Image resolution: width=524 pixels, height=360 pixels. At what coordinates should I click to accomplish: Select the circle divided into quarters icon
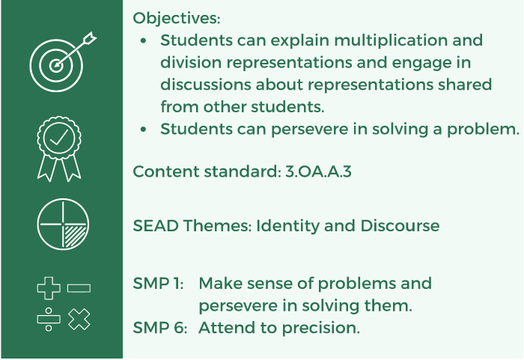tap(62, 224)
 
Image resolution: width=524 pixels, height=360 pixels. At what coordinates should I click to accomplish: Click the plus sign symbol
tap(48, 288)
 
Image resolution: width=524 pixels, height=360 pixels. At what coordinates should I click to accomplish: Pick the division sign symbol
tap(48, 320)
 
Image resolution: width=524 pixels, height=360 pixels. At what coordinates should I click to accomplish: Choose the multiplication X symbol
tap(79, 320)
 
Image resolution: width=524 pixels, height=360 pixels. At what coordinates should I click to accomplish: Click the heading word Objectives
tap(176, 18)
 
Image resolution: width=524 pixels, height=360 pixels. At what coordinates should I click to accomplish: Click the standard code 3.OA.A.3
tap(319, 171)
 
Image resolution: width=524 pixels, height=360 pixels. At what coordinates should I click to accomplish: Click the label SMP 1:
tap(158, 284)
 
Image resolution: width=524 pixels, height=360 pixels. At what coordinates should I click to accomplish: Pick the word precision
tap(323, 328)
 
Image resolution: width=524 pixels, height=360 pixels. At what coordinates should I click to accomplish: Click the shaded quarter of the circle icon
tap(74, 237)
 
